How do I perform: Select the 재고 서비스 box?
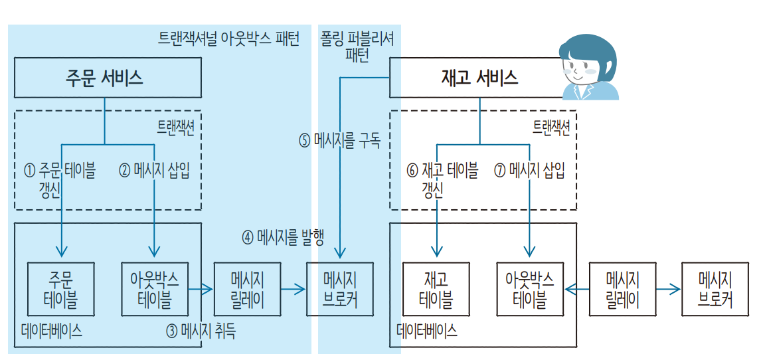coord(479,78)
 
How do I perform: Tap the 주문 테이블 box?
coord(60,289)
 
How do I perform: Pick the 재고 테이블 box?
coord(436,290)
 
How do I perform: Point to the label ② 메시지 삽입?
coord(154,171)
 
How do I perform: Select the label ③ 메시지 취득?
coord(201,331)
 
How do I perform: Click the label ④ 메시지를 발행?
coord(282,238)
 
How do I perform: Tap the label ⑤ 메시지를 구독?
coord(339,140)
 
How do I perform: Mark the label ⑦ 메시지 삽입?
coord(529,171)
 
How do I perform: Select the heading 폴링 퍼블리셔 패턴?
coord(357,46)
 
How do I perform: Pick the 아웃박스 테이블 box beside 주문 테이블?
coord(155,289)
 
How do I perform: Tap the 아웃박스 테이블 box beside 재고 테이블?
coord(530,290)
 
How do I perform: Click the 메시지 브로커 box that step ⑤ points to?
coord(339,289)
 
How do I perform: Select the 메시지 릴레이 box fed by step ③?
coord(248,289)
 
